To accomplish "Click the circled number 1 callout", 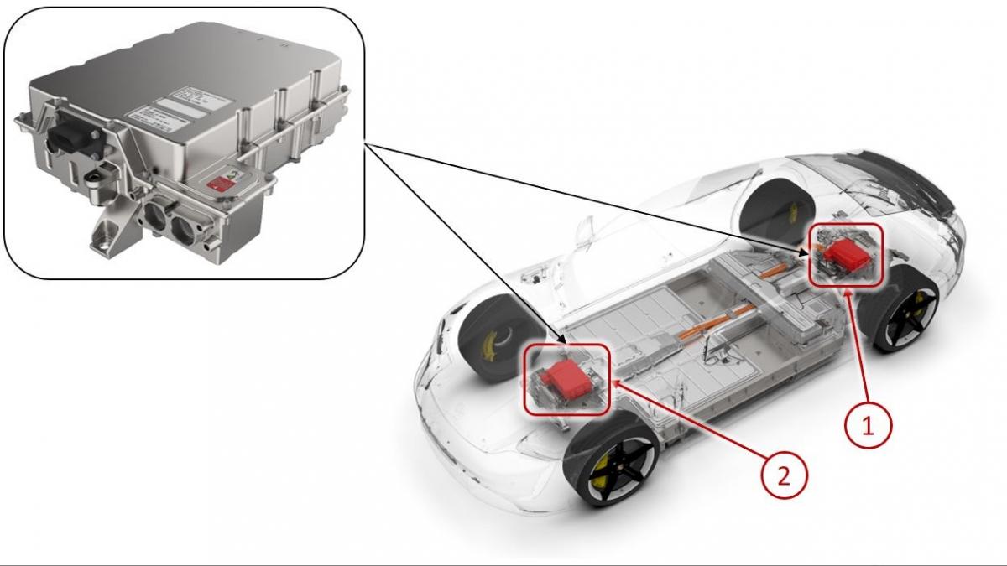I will tap(868, 425).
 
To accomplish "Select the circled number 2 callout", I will tap(784, 475).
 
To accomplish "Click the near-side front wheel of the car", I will tap(610, 460).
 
